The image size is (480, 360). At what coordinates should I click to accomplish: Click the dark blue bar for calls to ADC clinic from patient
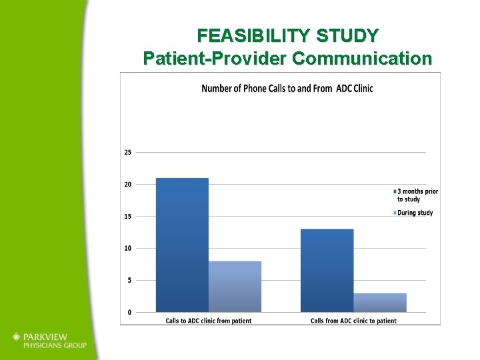(x=182, y=245)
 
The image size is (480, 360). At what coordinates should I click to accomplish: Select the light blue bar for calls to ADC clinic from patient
(x=235, y=286)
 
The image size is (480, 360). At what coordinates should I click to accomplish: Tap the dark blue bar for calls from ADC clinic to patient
(x=327, y=270)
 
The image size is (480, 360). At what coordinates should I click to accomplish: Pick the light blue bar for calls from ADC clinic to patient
(x=379, y=302)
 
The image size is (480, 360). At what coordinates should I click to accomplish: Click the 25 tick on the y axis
(x=127, y=152)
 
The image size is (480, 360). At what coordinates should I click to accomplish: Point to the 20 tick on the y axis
(x=127, y=184)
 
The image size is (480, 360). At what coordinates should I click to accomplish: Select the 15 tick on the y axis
(x=127, y=216)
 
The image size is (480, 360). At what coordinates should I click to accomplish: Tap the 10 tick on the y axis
(x=127, y=248)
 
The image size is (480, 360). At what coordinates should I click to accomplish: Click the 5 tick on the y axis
(x=129, y=280)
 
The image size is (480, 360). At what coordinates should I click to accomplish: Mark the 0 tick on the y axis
(x=129, y=312)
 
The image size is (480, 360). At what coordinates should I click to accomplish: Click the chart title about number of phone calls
(x=287, y=89)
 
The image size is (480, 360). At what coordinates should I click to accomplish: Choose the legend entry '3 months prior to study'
(x=417, y=195)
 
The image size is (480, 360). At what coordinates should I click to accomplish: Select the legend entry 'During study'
(x=414, y=213)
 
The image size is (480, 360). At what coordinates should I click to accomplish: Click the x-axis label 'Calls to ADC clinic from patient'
(x=209, y=321)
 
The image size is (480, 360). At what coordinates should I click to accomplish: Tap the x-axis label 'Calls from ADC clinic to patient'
(x=353, y=321)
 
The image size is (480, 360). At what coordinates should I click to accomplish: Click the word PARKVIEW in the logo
(x=48, y=337)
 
